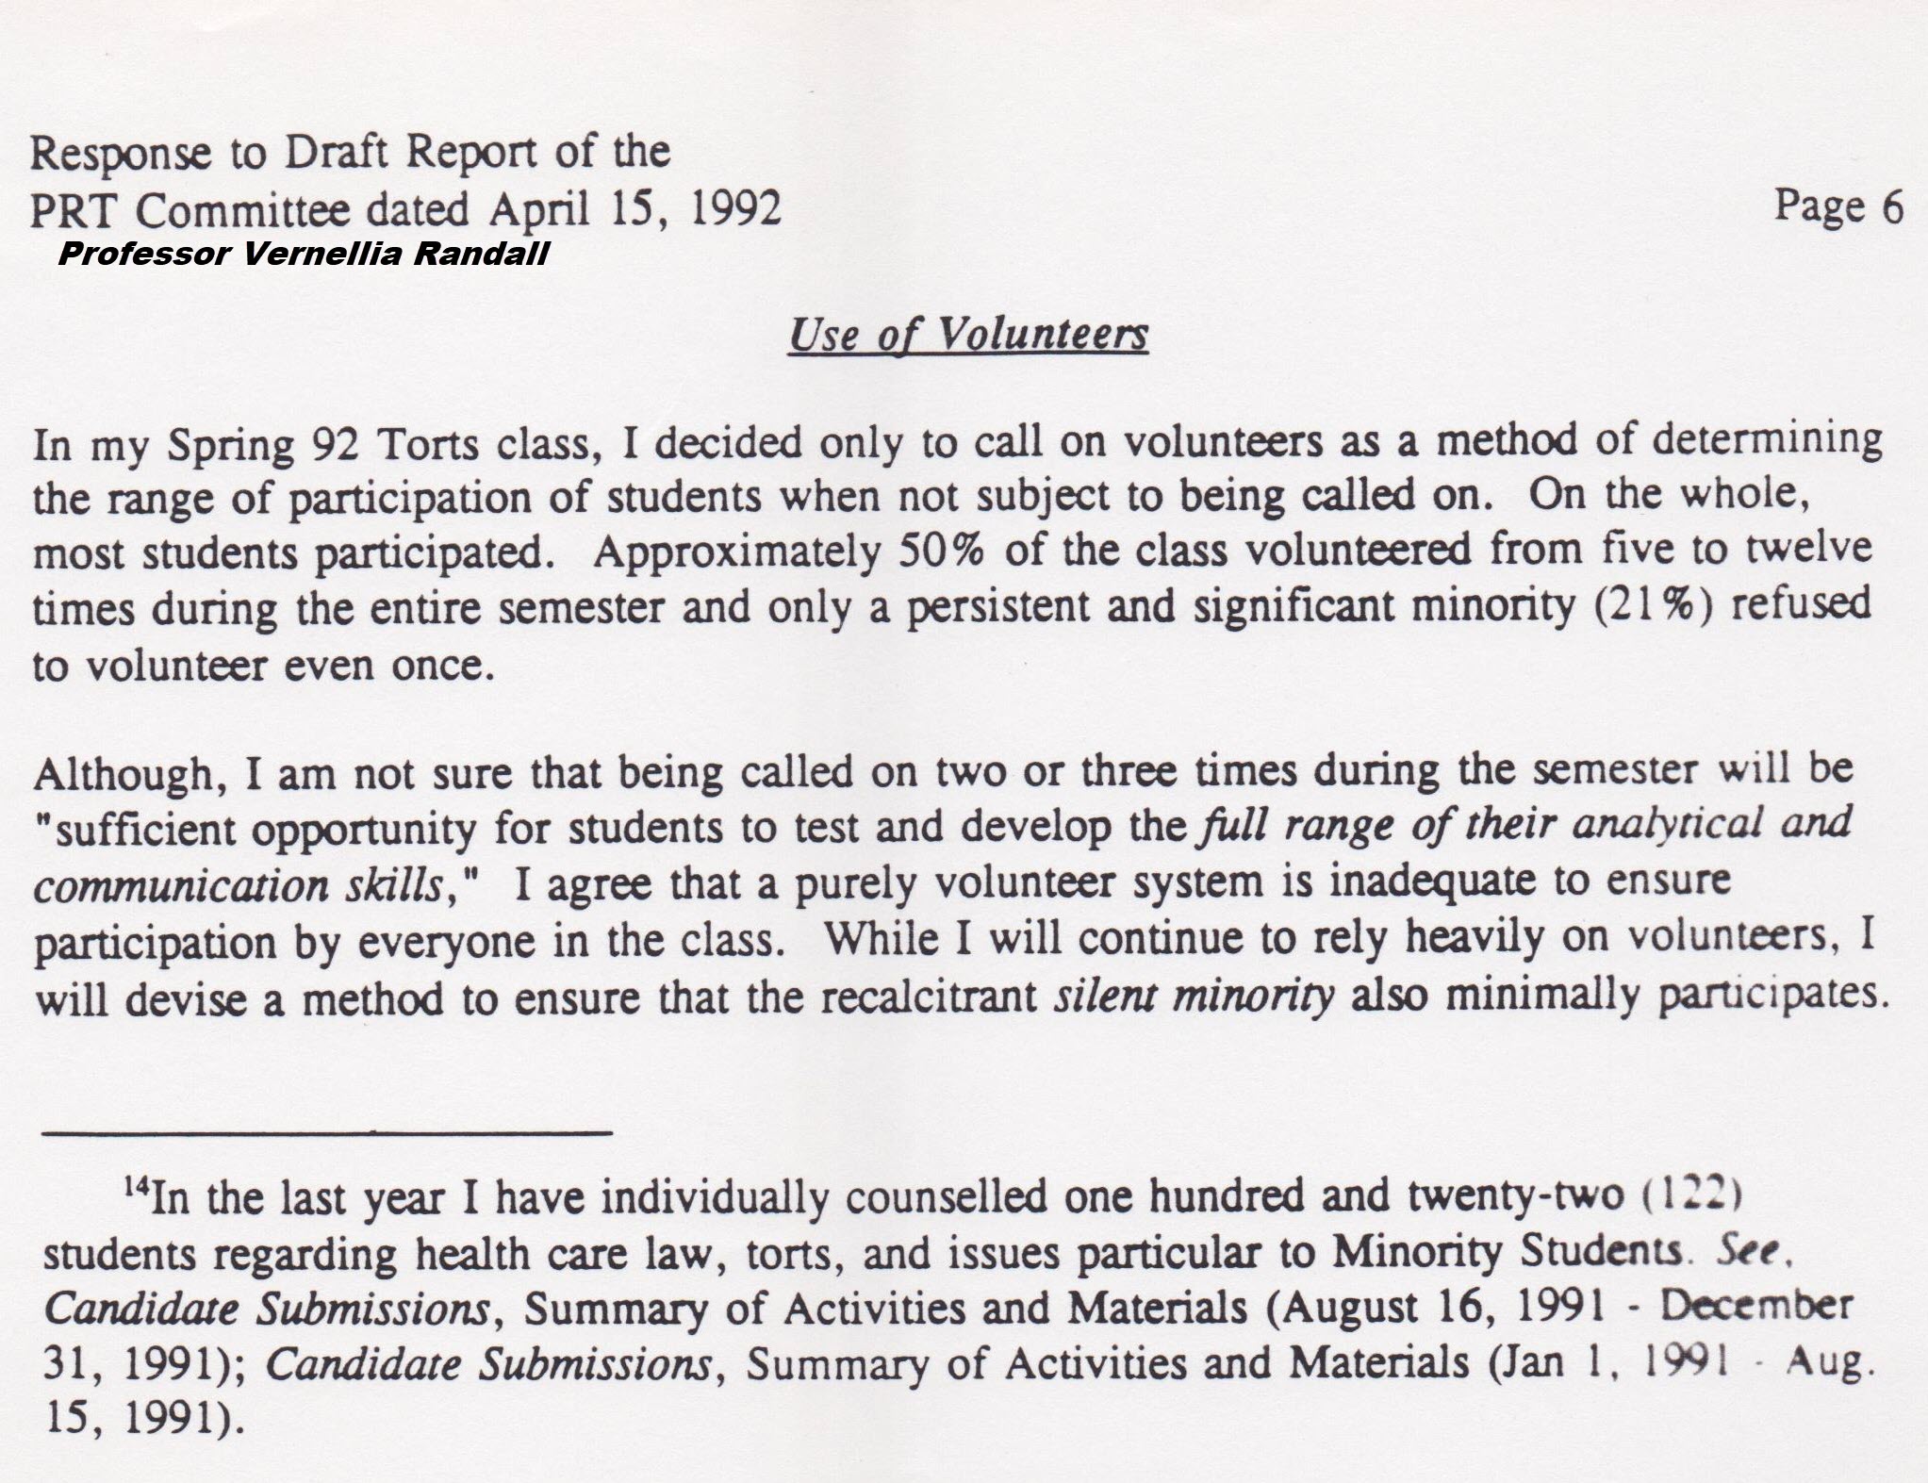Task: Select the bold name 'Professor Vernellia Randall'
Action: click(303, 255)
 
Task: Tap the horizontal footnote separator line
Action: click(327, 1131)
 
